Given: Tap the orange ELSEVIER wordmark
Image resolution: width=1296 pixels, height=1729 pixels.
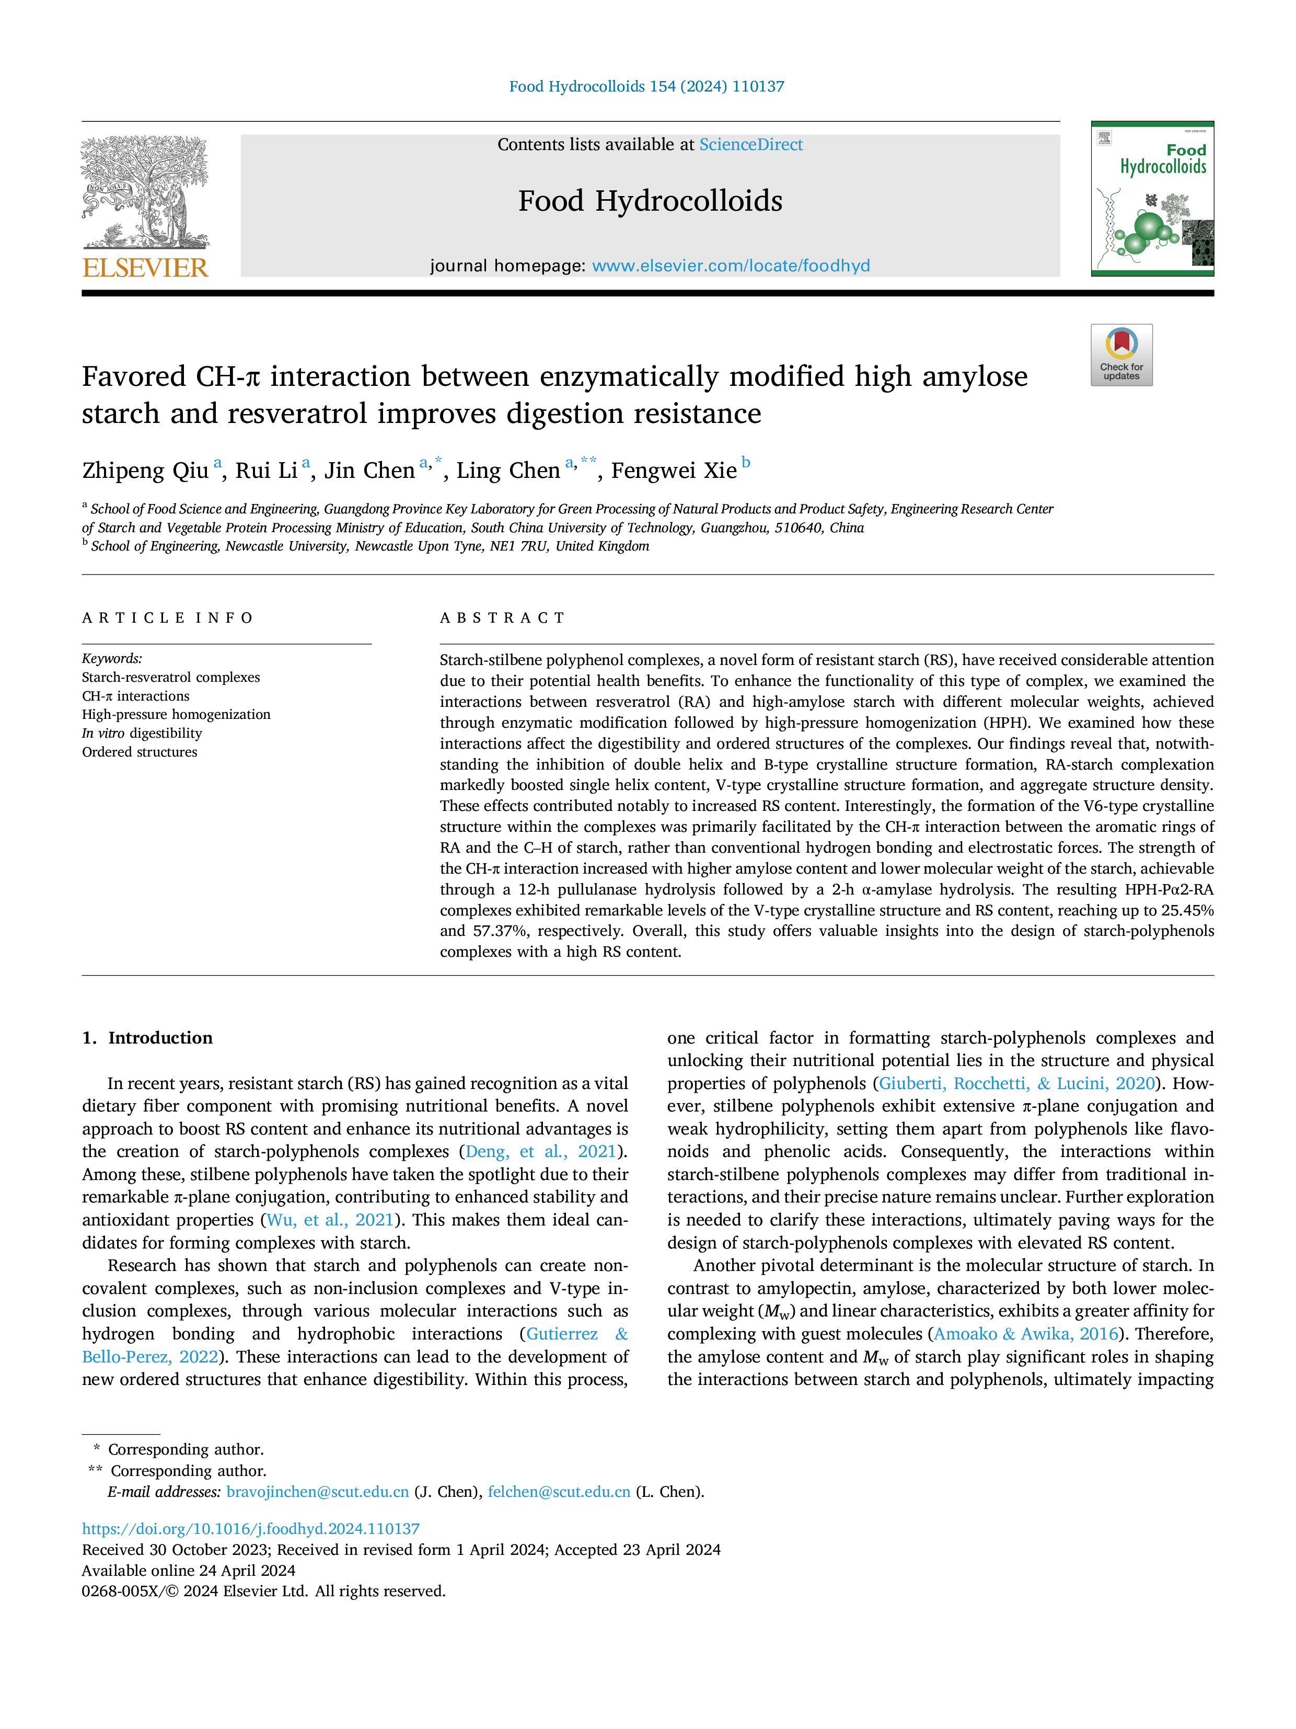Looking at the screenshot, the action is (x=145, y=268).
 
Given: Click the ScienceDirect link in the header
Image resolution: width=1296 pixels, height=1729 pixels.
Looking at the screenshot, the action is (x=751, y=145).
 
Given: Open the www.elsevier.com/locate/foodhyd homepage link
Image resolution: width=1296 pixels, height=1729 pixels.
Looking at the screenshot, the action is (x=731, y=266).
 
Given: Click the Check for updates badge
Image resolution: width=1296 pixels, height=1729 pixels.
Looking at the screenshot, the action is (x=1121, y=355).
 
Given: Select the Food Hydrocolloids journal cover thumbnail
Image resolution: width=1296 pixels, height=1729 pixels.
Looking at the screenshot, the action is (x=1152, y=199).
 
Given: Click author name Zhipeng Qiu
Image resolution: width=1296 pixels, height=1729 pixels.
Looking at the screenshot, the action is (x=145, y=471).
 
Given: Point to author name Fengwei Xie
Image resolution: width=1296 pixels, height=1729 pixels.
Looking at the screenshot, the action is (x=674, y=471).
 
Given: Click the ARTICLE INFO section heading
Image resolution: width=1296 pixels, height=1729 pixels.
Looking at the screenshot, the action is (x=167, y=619).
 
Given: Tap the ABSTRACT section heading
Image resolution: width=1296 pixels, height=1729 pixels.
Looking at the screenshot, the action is (x=502, y=619).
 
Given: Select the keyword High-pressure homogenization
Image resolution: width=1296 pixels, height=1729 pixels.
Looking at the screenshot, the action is (x=176, y=714).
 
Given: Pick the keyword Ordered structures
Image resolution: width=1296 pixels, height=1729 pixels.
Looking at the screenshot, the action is (x=140, y=752).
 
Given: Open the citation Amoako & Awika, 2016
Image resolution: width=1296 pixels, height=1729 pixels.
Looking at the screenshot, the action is (x=1026, y=1334).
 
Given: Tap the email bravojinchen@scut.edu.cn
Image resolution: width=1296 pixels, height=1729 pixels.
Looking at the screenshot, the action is (x=317, y=1492).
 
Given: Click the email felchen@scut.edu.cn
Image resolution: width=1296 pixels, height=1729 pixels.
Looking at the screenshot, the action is (x=559, y=1492).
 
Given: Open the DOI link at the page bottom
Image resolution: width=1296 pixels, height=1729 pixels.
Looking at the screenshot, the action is (x=251, y=1528).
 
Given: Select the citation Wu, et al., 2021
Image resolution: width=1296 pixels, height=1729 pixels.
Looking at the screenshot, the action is (x=330, y=1220).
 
